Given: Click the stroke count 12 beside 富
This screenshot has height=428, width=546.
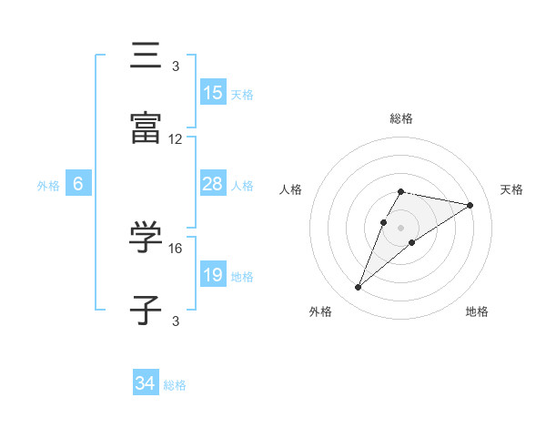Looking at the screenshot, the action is pos(176,139).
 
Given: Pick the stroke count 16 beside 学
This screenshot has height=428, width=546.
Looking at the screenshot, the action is pos(176,248).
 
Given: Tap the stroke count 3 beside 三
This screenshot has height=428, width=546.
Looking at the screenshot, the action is pos(176,66).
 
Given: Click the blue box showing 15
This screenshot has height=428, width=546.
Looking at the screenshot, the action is pos(213,93).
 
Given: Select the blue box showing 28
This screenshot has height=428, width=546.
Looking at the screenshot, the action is pos(213,184).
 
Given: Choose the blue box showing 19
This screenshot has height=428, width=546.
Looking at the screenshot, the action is pos(213,275).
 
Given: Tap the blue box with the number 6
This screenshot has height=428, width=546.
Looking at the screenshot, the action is pos(78,184).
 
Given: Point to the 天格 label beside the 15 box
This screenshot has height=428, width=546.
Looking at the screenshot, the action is pos(242,94).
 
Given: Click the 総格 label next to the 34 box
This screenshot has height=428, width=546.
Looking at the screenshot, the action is pos(175,385).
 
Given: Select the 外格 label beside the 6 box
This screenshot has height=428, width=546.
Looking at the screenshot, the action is pos(48,185).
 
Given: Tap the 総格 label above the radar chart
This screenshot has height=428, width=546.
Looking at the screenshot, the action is pos(401,118).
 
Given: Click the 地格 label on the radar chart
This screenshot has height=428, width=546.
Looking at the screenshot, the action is pos(477,311).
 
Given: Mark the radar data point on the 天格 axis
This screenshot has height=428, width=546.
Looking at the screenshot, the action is pos(470,205).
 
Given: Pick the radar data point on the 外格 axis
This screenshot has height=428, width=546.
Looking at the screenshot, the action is pos(358,288).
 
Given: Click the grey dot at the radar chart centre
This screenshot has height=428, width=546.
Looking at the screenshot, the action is pos(401,227).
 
